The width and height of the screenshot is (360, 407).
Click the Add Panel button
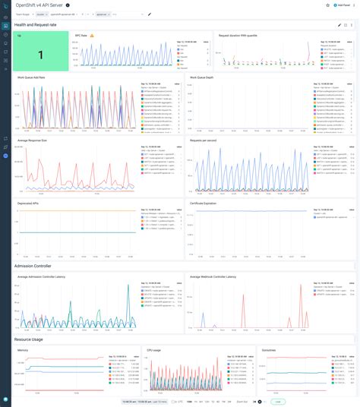coord(343,5)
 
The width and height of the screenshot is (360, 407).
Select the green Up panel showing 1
coord(40,55)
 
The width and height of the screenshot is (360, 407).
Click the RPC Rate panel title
coord(81,35)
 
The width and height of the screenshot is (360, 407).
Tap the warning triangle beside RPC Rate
coord(92,35)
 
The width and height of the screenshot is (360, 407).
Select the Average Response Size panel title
coord(35,140)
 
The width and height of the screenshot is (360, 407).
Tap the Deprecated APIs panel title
coord(29,203)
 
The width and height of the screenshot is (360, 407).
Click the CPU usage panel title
coord(155,350)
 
